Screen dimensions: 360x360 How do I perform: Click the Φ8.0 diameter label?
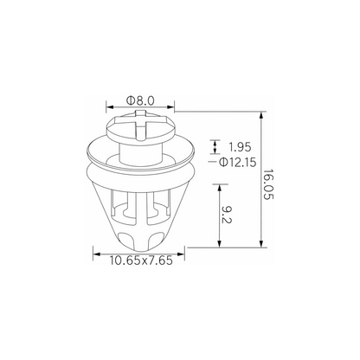coord(140,100)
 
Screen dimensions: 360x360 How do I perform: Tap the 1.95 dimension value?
coord(240,147)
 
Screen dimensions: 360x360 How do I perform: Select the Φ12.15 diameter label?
coord(238,163)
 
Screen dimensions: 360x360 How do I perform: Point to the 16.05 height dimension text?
coord(268,184)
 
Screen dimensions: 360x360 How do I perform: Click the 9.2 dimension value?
coord(227,215)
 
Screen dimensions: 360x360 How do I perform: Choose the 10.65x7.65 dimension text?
coord(141,260)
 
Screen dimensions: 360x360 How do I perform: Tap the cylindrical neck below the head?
coord(141,153)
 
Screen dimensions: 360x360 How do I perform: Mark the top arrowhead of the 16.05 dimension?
coord(261,115)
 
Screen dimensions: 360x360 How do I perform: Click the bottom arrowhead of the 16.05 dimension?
coord(261,243)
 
